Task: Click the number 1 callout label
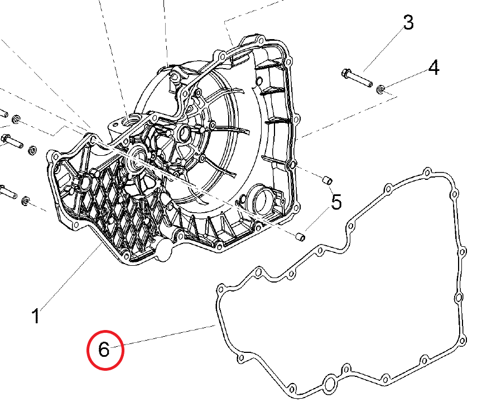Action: click(35, 316)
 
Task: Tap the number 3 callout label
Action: click(408, 23)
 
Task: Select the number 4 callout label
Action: click(433, 68)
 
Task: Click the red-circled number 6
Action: click(104, 350)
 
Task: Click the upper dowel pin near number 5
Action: click(328, 179)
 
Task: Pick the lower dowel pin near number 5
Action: click(301, 237)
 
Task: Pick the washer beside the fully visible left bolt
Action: click(32, 149)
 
